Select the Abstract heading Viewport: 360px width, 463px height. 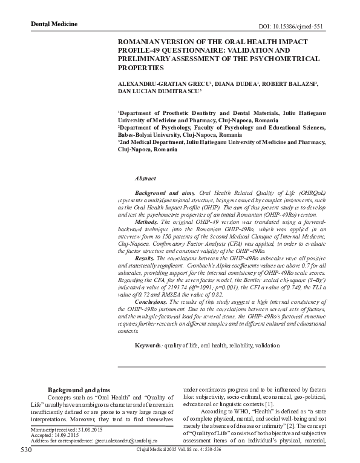[145, 179]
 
